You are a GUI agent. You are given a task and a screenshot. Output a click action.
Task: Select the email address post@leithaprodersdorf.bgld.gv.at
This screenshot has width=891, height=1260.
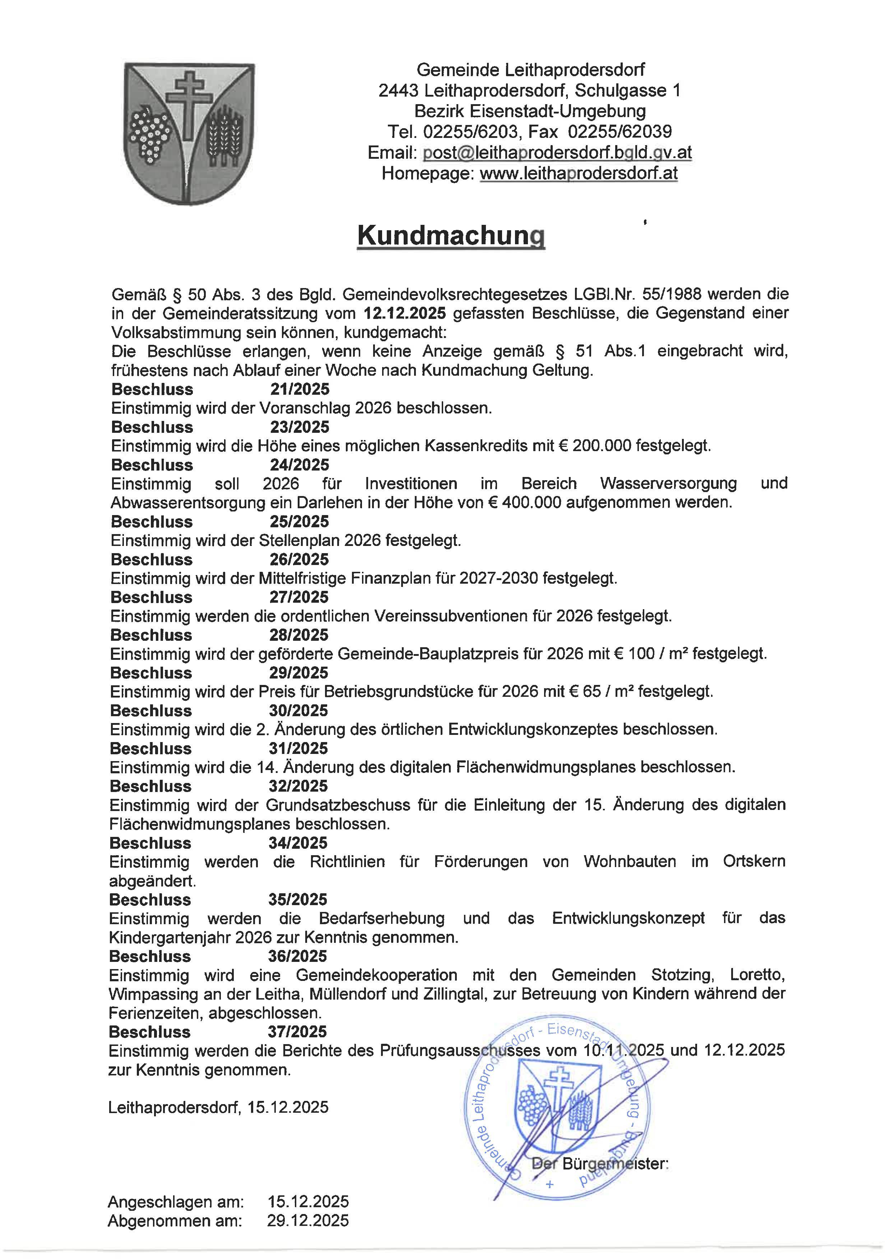pos(557,153)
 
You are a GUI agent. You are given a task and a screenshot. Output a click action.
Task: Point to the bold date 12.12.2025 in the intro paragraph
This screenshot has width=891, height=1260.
pos(404,313)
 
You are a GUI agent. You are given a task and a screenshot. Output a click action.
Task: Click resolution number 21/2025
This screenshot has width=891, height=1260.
pos(300,389)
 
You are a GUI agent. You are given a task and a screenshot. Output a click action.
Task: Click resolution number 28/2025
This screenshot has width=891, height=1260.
pos(298,635)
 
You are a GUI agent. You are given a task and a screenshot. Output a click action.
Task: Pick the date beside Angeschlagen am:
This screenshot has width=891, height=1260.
pos(308,1202)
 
